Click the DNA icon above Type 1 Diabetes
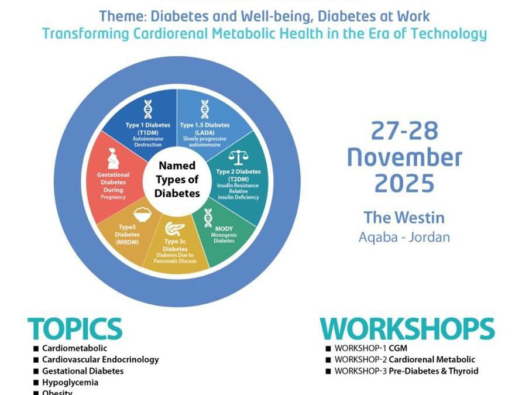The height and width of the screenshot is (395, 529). [x=148, y=109]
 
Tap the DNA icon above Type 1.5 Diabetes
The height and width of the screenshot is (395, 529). [x=204, y=109]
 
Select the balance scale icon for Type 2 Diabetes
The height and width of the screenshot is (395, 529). [x=238, y=158]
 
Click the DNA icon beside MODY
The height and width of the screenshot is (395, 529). [x=208, y=218]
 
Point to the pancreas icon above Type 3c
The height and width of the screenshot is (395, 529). [x=171, y=229]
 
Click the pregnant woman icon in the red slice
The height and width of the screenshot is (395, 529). [x=114, y=159]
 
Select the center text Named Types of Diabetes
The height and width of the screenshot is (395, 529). [x=176, y=179]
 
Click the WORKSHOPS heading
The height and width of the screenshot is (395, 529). [x=407, y=329]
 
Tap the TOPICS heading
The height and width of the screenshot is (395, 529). [x=74, y=329]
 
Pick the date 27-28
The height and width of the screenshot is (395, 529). [x=404, y=131]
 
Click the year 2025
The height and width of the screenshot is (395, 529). [x=404, y=184]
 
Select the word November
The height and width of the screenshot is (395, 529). [x=404, y=157]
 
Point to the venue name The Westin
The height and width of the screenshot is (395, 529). [x=404, y=218]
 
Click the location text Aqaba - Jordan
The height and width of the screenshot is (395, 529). [x=404, y=237]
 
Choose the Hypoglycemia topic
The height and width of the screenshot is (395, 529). [x=70, y=382]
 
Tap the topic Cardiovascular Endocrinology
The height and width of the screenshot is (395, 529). [x=100, y=360]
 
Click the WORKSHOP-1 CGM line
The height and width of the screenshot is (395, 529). [x=370, y=349]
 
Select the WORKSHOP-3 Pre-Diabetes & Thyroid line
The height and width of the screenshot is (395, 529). [x=406, y=371]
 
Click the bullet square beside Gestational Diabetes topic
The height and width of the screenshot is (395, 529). [x=36, y=371]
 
